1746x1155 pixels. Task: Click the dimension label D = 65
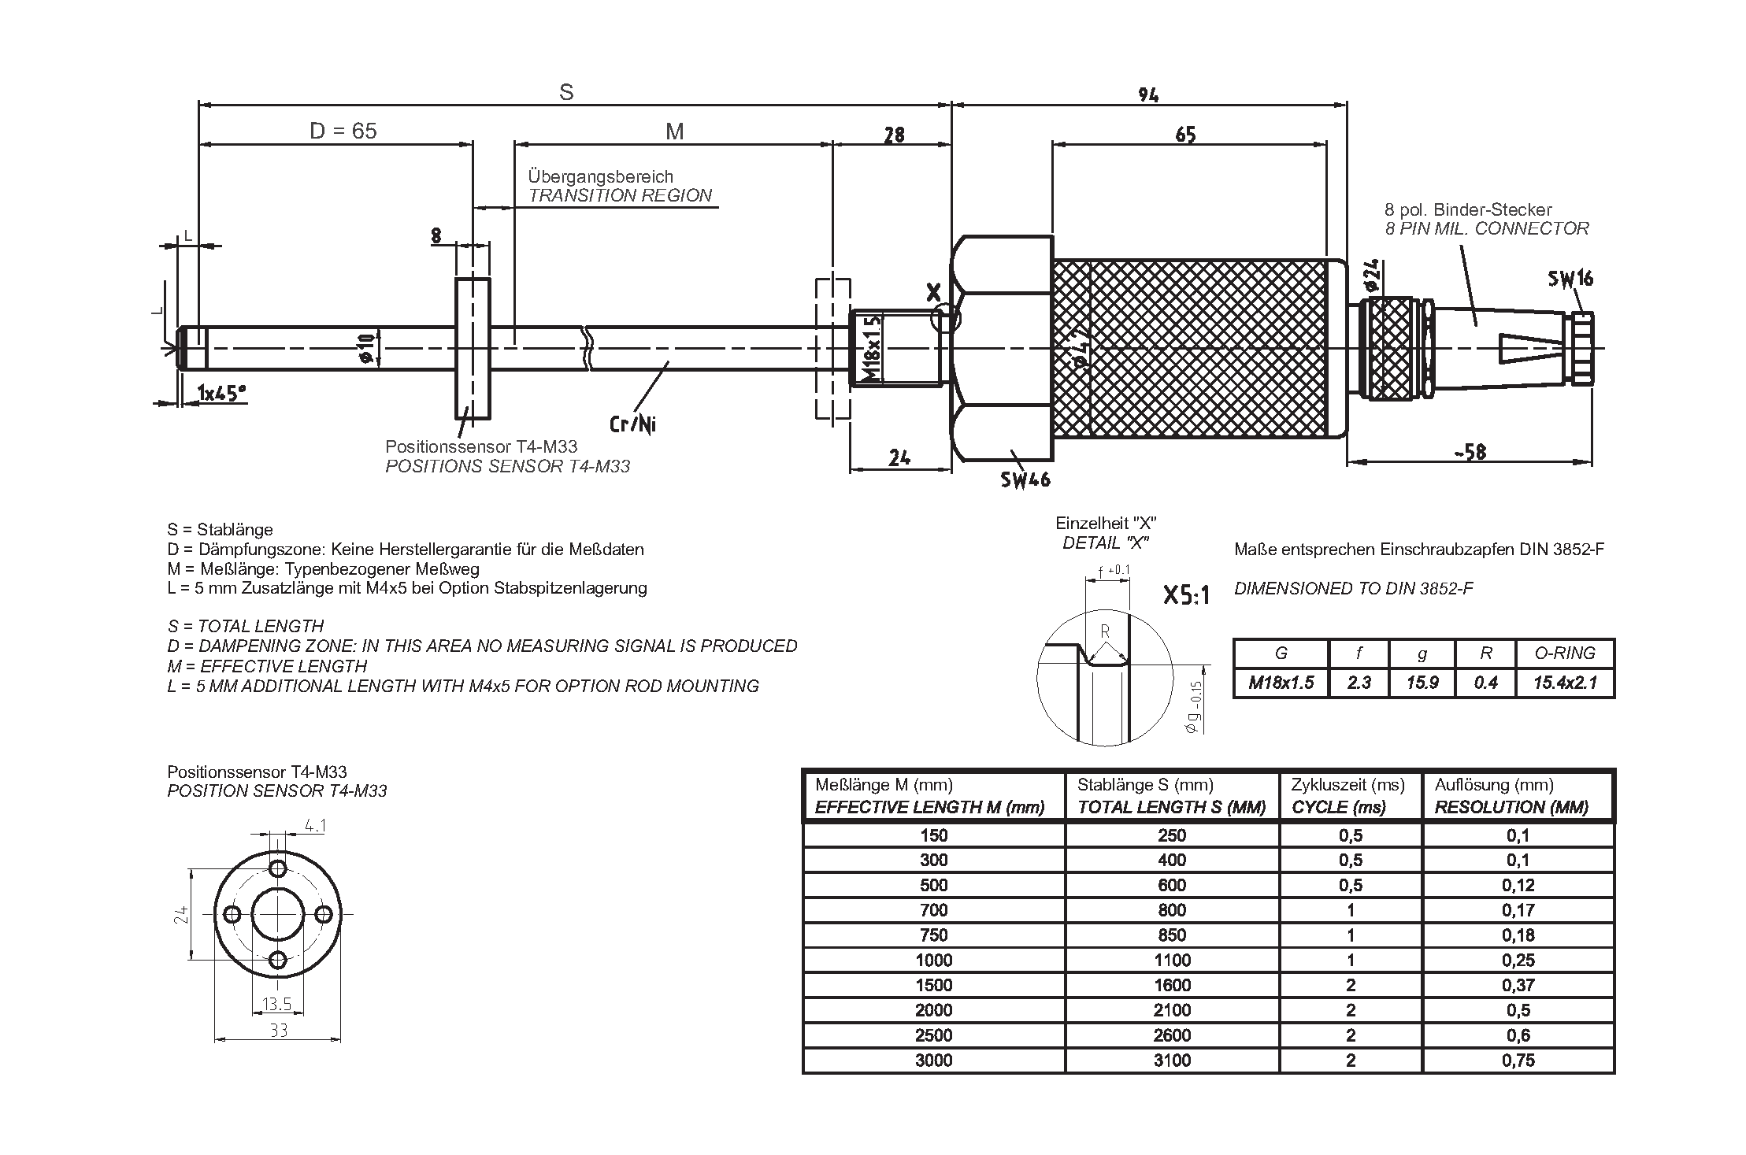click(x=343, y=131)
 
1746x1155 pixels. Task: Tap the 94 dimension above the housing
click(x=1148, y=95)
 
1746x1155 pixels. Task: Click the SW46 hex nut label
click(x=1025, y=479)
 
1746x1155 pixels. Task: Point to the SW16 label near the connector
click(x=1570, y=279)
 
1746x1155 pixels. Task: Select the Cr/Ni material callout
click(x=632, y=424)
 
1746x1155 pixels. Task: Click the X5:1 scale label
click(x=1186, y=596)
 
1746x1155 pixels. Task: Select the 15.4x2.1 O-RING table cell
click(x=1565, y=683)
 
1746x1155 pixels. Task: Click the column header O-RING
click(x=1565, y=653)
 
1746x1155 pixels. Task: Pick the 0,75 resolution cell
click(x=1518, y=1061)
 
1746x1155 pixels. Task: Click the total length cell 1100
click(x=1172, y=960)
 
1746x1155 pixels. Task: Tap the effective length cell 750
click(x=933, y=935)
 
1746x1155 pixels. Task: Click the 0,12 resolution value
click(x=1518, y=885)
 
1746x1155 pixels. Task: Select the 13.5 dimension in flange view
click(x=277, y=1004)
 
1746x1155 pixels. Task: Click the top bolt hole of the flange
click(x=278, y=869)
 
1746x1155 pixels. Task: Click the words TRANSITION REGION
click(x=620, y=196)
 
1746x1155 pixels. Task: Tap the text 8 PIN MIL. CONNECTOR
click(x=1486, y=229)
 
